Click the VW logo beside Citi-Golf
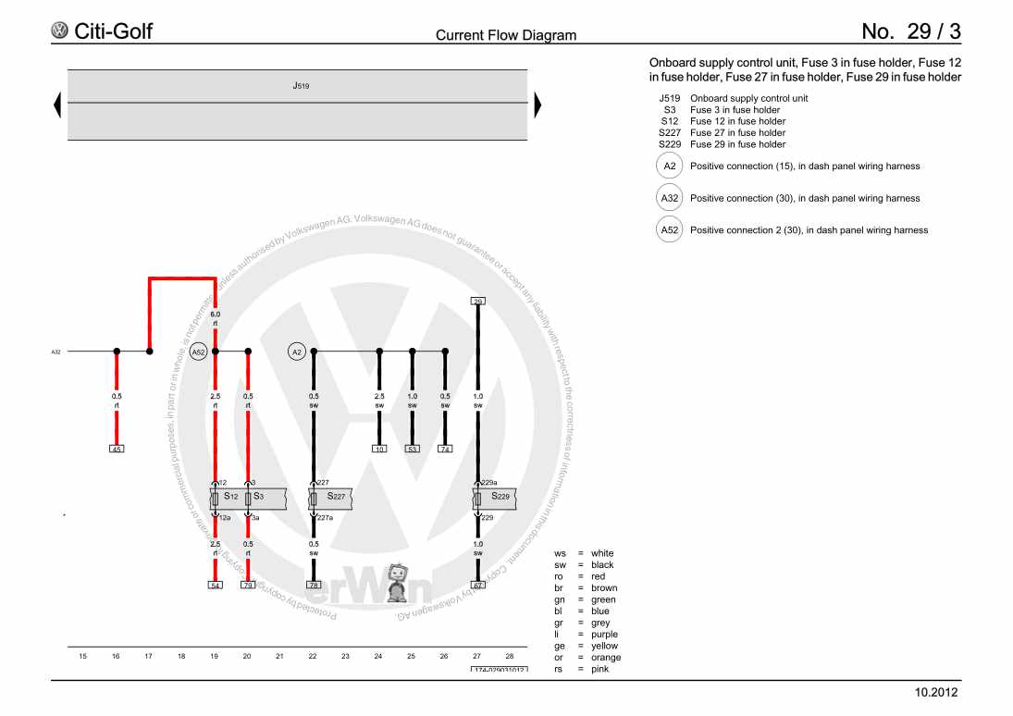click(60, 31)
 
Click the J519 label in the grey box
click(301, 85)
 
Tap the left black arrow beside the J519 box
click(58, 105)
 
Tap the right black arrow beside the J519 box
click(537, 105)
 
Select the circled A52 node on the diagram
click(199, 352)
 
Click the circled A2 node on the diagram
click(297, 352)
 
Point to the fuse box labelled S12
click(228, 498)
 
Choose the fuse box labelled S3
click(254, 498)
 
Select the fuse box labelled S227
click(332, 498)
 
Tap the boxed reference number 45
click(117, 449)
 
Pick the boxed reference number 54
click(215, 585)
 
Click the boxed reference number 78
click(314, 585)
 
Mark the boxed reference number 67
click(477, 585)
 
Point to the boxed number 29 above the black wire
click(477, 302)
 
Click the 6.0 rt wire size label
click(215, 318)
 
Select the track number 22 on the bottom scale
click(313, 656)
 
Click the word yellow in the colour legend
click(603, 646)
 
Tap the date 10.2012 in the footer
click(936, 692)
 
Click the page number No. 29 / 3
click(911, 31)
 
